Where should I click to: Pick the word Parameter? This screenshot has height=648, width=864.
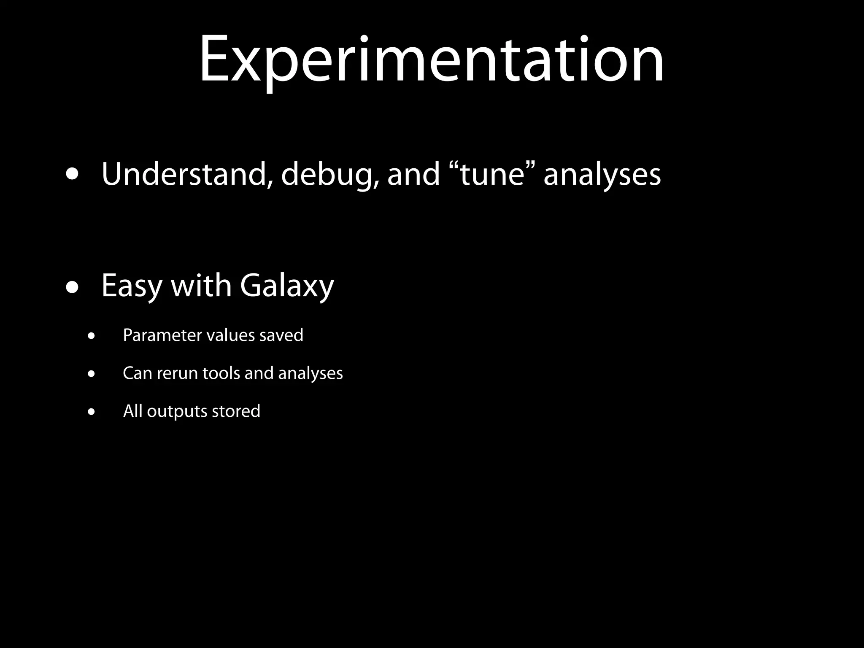162,335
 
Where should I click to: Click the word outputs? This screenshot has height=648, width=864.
177,412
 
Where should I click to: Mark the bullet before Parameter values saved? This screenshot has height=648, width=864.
92,336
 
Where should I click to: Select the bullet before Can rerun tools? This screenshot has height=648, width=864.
92,374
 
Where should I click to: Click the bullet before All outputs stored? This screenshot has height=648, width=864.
92,412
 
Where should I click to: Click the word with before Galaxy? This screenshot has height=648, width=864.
201,286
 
